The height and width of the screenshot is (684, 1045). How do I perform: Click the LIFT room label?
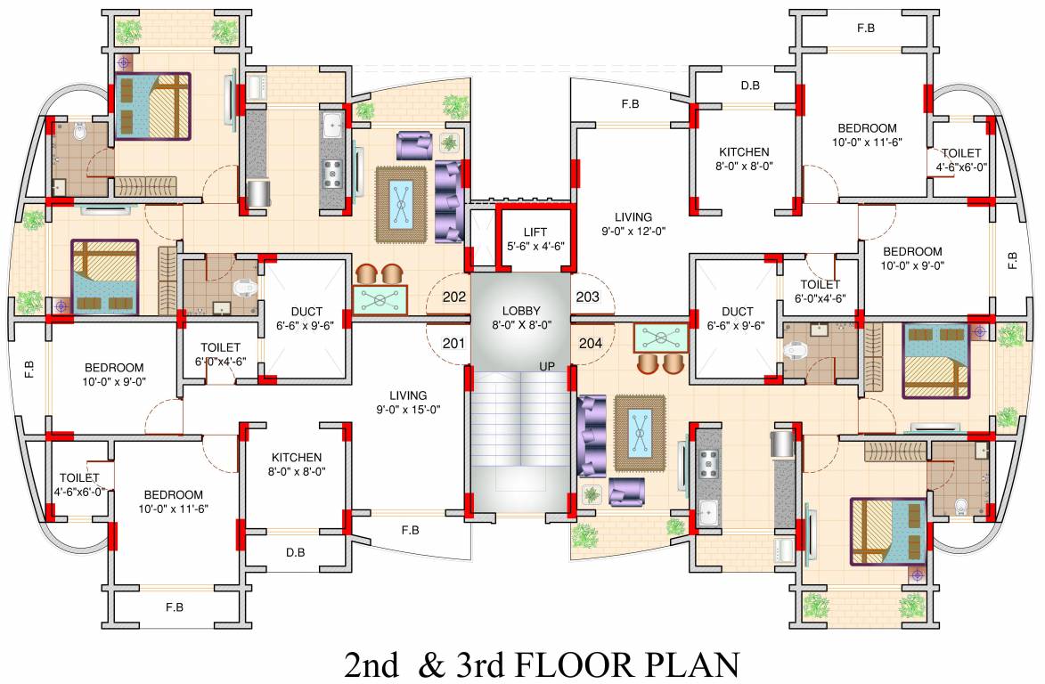(x=535, y=232)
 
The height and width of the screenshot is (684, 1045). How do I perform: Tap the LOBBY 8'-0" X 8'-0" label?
(x=521, y=318)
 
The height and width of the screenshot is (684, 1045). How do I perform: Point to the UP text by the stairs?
(x=547, y=367)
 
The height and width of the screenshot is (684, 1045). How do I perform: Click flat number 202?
(x=454, y=297)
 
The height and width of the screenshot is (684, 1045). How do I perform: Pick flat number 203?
(x=588, y=297)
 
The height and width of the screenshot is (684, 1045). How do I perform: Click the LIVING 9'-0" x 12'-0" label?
(x=633, y=224)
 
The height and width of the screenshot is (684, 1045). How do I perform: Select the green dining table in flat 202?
(x=380, y=300)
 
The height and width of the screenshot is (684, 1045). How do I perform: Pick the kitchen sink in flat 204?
(x=708, y=512)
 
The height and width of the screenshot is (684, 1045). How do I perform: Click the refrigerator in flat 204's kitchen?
(x=783, y=443)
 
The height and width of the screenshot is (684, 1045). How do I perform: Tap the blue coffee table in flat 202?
(x=402, y=204)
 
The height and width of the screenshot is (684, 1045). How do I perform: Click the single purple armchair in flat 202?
(x=413, y=144)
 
